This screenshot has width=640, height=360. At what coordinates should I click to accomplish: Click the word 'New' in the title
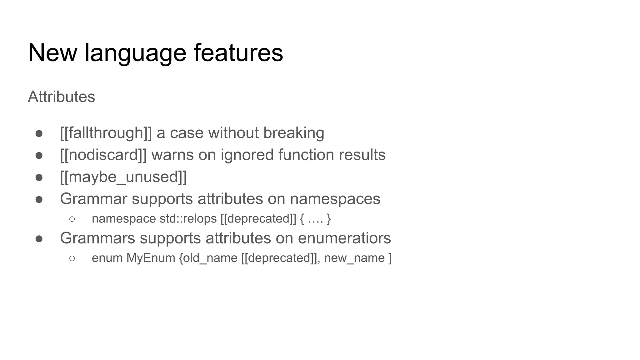point(52,52)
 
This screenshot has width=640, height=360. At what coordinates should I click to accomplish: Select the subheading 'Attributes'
point(61,97)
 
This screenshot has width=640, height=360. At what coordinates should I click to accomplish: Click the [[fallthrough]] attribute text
point(106,133)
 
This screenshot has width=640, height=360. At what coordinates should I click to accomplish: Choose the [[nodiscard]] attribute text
point(103,155)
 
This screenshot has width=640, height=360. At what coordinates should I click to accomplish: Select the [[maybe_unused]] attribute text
point(123,177)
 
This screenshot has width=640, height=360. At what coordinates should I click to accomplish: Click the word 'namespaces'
point(335,199)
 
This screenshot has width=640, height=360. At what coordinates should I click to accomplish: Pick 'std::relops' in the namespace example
point(188,219)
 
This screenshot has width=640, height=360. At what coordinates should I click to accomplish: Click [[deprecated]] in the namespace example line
point(258,219)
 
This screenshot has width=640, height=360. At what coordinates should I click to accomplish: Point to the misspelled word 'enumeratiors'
point(344,238)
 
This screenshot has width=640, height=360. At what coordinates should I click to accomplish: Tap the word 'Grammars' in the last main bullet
point(97,238)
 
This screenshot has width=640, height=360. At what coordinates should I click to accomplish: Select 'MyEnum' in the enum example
point(151,258)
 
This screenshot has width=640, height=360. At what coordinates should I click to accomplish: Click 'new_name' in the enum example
point(354,258)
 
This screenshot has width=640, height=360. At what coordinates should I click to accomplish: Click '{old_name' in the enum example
point(208,258)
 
